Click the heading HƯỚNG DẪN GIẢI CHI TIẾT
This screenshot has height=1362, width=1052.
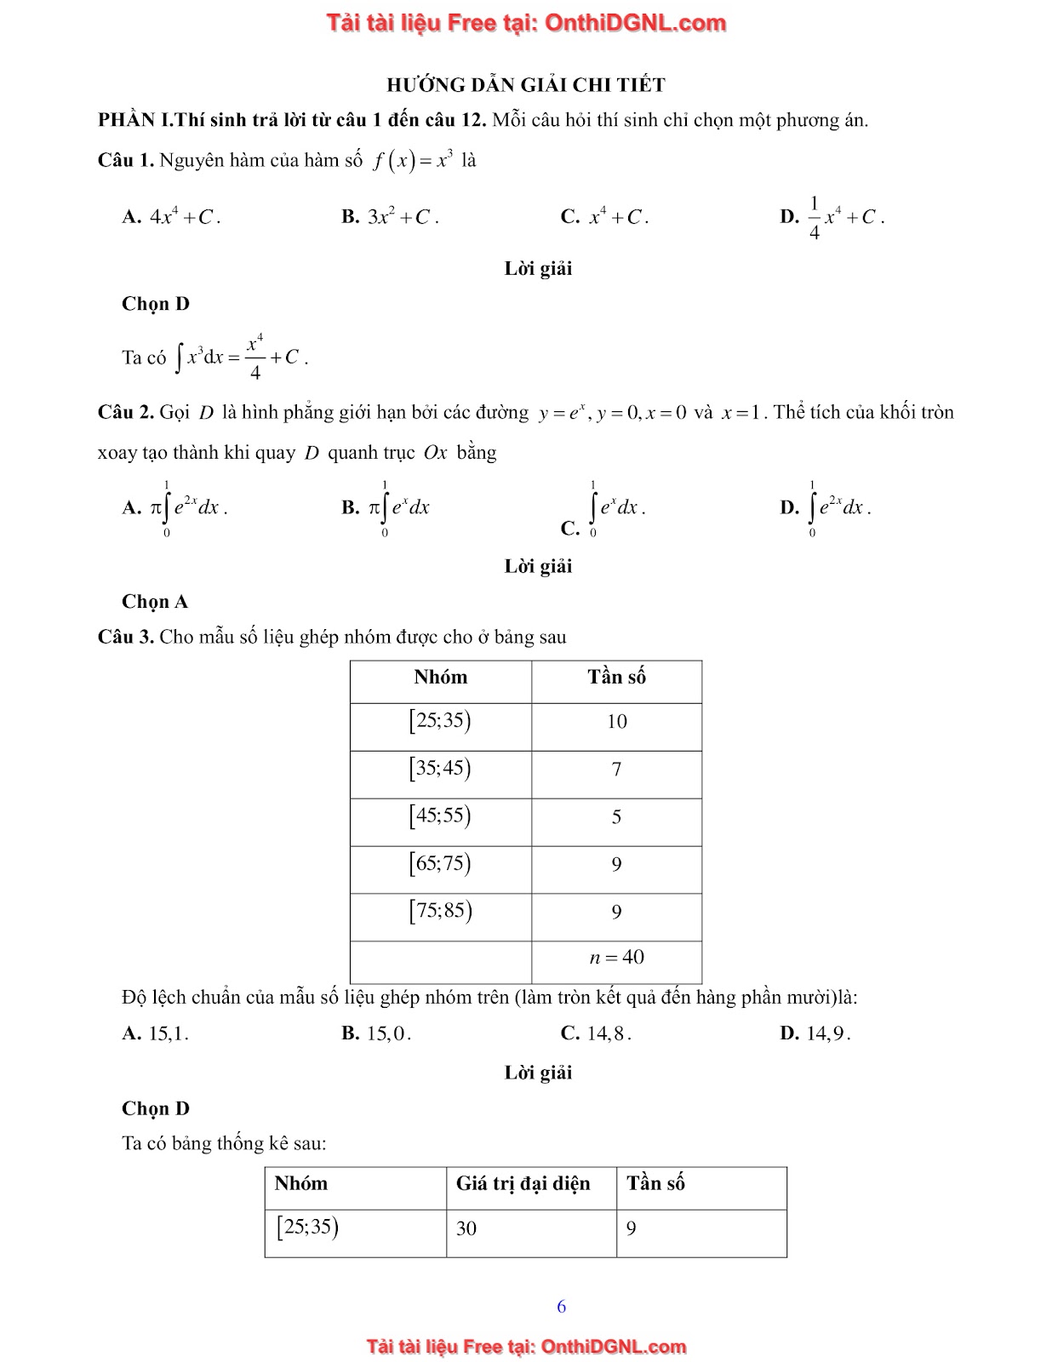point(525,85)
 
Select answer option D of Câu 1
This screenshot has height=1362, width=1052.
point(832,217)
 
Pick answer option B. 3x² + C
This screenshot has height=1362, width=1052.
point(390,217)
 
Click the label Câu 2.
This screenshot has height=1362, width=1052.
point(126,413)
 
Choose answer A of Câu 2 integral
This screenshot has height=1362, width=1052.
point(175,508)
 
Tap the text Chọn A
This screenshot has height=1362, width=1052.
point(155,602)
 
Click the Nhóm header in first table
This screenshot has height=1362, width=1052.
point(440,678)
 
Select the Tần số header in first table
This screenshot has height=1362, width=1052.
point(616,678)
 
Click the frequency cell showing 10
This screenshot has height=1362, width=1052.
point(616,722)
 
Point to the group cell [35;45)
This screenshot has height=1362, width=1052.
point(440,769)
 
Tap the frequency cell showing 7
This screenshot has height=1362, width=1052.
point(616,770)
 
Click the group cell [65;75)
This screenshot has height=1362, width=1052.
point(440,864)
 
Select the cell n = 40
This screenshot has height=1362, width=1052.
point(616,958)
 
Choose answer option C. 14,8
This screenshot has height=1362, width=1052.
point(596,1033)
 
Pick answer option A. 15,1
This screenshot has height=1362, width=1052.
point(156,1033)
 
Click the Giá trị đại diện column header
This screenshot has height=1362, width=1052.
point(523,1184)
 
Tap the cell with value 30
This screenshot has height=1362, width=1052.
point(466,1228)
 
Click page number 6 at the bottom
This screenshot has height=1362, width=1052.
point(561,1307)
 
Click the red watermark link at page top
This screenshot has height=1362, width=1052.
point(526,23)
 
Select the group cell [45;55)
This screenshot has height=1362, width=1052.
point(440,816)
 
